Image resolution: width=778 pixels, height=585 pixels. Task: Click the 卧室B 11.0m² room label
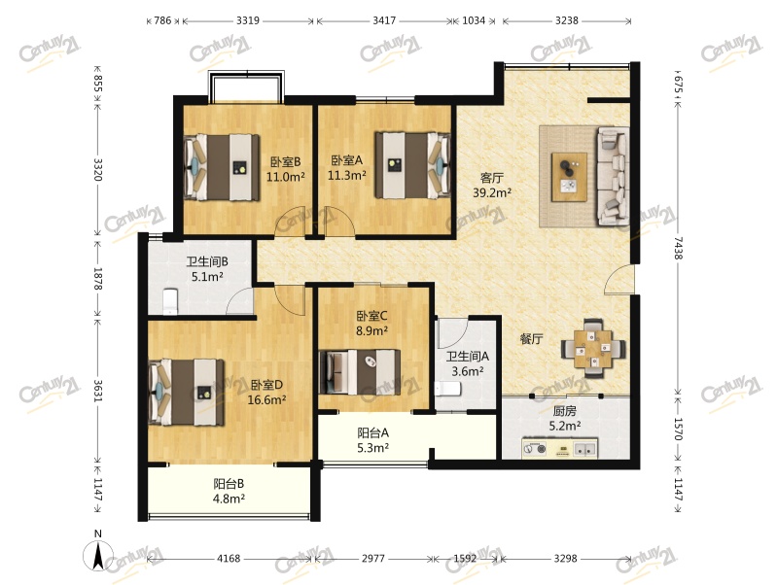point(285,169)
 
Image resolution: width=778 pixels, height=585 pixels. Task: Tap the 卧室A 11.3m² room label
point(347,167)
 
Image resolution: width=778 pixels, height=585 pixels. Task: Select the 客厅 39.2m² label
point(492,186)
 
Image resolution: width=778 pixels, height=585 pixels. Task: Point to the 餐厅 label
point(531,339)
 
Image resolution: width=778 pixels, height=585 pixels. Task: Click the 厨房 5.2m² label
point(565,419)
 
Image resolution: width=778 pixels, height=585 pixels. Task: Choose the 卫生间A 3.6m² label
point(468,363)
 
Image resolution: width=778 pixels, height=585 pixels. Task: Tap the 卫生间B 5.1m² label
point(207,269)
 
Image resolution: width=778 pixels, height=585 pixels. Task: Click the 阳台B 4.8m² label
point(229,491)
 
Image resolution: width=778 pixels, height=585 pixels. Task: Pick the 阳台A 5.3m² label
point(373,440)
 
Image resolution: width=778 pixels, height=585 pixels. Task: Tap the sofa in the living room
point(614,176)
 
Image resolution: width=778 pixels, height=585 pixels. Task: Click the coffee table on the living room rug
point(569,177)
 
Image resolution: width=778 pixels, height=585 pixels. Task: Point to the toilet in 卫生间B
point(169,301)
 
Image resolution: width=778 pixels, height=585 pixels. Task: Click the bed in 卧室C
point(360,372)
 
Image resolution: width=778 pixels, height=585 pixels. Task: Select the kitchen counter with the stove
point(560,449)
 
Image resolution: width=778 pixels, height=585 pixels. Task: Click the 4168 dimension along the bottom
point(229,559)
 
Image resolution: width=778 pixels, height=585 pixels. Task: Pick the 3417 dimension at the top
point(384,20)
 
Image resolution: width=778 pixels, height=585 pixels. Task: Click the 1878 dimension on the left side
point(98,279)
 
